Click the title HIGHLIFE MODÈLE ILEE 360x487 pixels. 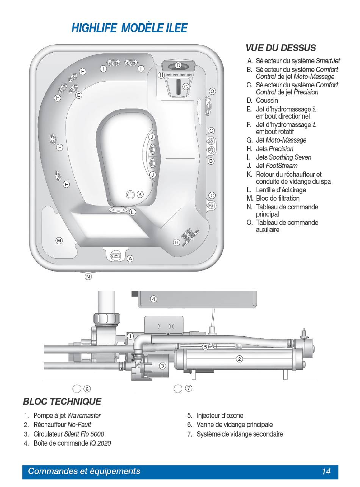click(x=129, y=28)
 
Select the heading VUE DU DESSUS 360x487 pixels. click(x=280, y=48)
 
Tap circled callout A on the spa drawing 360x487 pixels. click(x=130, y=258)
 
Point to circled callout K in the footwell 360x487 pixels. click(x=140, y=194)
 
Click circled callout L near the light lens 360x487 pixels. click(x=132, y=212)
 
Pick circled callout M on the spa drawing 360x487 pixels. click(x=59, y=240)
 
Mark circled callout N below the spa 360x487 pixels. click(x=88, y=277)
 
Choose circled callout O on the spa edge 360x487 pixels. click(x=212, y=91)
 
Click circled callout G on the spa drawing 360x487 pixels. click(x=186, y=86)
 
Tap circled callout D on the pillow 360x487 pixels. click(x=178, y=66)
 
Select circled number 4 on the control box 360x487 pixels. click(x=153, y=299)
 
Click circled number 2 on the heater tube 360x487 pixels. click(x=239, y=359)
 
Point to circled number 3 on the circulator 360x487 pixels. click(x=162, y=366)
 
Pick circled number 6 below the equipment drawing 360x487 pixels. click(x=87, y=388)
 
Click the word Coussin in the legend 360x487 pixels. click(x=267, y=101)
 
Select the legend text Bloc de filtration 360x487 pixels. click(x=278, y=198)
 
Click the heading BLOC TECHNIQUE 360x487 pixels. click(x=62, y=401)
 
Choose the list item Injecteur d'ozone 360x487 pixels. click(x=220, y=416)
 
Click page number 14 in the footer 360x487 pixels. click(x=326, y=471)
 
